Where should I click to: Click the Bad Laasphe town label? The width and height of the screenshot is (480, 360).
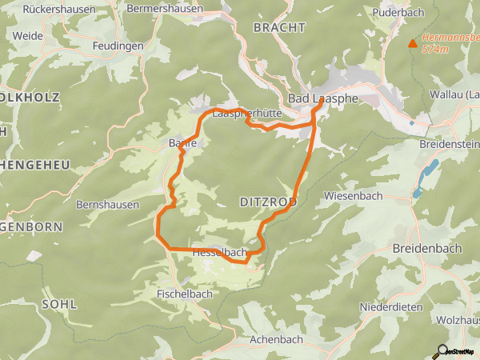pyautogui.click(x=322, y=98)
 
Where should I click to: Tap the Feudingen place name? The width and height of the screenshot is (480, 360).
pyautogui.click(x=118, y=46)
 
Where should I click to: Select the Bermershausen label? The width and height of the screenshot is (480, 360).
pyautogui.click(x=166, y=8)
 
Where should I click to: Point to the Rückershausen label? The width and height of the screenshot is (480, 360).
pyautogui.click(x=54, y=10)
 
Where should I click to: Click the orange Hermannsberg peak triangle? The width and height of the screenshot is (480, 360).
pyautogui.click(x=413, y=44)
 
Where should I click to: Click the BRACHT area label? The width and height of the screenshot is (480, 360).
pyautogui.click(x=279, y=27)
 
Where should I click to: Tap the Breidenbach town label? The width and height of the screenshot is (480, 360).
pyautogui.click(x=427, y=248)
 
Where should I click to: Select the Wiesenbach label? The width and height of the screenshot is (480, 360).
pyautogui.click(x=353, y=196)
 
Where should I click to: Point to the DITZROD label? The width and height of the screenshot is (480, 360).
pyautogui.click(x=269, y=202)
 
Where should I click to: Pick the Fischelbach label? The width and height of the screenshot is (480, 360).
pyautogui.click(x=185, y=294)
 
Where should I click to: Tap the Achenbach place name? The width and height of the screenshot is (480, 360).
pyautogui.click(x=276, y=339)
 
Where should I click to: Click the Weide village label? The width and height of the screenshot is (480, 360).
pyautogui.click(x=28, y=36)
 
